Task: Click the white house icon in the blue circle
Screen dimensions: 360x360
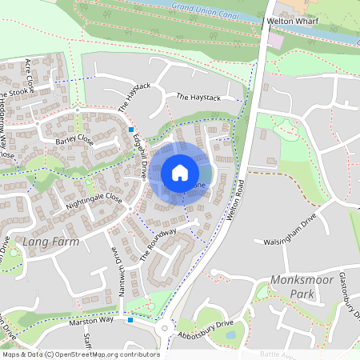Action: [x=180, y=173]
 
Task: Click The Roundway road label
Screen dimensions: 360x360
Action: [x=157, y=245]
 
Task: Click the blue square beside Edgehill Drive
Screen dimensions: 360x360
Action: [x=130, y=129]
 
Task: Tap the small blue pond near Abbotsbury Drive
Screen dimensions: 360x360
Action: [x=230, y=336]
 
